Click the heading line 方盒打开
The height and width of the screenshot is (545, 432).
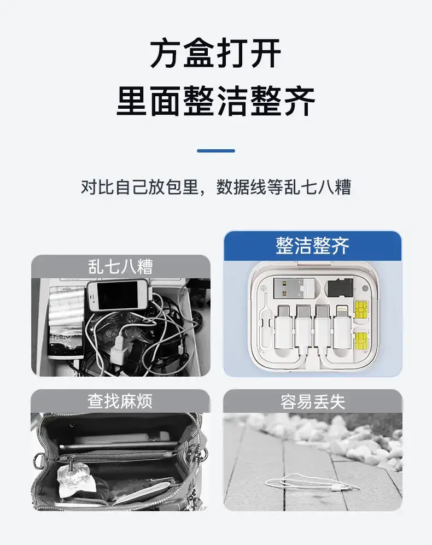(x=215, y=54)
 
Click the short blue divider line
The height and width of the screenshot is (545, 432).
(x=216, y=151)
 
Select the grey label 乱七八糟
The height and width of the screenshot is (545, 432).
(x=120, y=267)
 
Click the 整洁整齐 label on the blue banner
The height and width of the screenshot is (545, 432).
(x=312, y=246)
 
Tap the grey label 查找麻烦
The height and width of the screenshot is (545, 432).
(x=120, y=401)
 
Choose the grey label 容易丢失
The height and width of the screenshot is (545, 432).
(x=313, y=402)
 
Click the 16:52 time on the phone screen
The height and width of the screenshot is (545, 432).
(x=61, y=337)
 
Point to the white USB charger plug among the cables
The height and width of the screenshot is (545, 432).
(x=118, y=349)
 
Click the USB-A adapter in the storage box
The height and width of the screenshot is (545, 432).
(x=294, y=288)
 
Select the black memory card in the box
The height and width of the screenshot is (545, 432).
(x=340, y=288)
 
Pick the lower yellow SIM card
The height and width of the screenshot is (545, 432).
(x=361, y=341)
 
